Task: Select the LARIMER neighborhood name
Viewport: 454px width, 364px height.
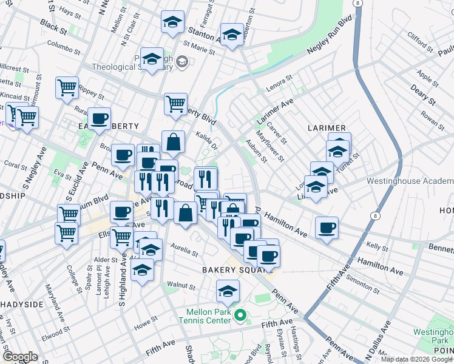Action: point(327,129)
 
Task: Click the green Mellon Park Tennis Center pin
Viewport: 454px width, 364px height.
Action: point(240,315)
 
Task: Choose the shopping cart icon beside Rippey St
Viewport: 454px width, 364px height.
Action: point(67,87)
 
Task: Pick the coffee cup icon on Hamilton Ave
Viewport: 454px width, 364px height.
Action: point(327,228)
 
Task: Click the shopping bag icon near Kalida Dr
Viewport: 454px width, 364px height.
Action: point(174,143)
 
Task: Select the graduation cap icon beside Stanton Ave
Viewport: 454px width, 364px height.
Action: point(173,23)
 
